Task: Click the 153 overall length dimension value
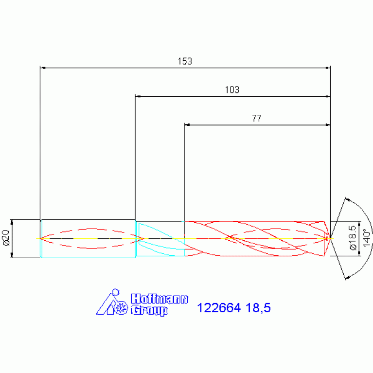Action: point(185,61)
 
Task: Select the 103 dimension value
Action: point(232,90)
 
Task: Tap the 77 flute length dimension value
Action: point(257,118)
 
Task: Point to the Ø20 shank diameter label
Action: point(6,238)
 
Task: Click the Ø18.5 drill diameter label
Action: point(353,238)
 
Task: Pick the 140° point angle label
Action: point(367,238)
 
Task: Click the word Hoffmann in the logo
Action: point(160,299)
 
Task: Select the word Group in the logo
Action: point(149,310)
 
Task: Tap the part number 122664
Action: point(219,308)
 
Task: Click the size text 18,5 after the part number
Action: point(258,308)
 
